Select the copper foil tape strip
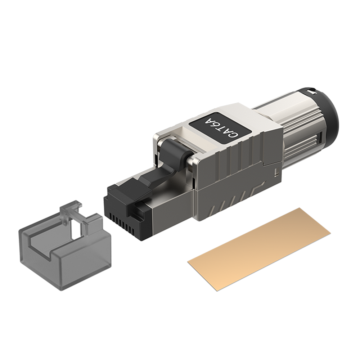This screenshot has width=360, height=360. pos(259,249)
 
